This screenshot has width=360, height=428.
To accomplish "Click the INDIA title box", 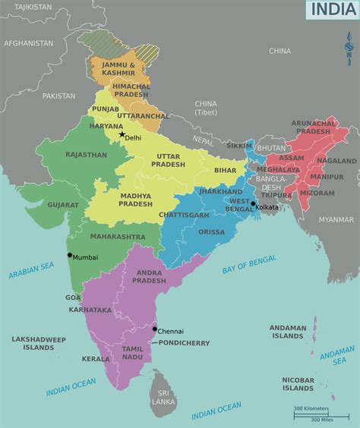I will (332, 10).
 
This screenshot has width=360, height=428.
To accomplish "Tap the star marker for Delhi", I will (121, 134).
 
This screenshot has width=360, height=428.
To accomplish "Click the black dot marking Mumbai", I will (69, 255).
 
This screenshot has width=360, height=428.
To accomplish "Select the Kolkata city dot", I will (253, 203).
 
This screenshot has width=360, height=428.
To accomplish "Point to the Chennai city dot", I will (154, 329).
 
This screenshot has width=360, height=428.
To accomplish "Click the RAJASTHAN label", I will (86, 154).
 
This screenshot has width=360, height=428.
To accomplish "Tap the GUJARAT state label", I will (62, 205).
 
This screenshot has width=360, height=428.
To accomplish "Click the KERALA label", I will (96, 359).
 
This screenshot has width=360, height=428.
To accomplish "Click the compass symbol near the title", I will (349, 47).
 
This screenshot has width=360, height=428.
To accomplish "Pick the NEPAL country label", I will (203, 140).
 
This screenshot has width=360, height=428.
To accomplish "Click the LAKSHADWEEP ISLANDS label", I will (38, 343).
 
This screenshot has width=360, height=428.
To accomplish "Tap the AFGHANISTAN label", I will (28, 43).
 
